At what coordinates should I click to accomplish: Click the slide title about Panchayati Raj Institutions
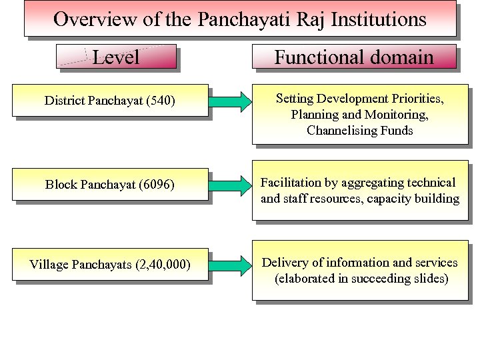pos(240,19)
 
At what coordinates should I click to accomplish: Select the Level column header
pos(116,57)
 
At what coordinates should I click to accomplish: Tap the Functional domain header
pos(354,57)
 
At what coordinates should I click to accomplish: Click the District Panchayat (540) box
pos(110,101)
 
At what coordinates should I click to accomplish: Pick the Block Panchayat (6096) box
pos(110,185)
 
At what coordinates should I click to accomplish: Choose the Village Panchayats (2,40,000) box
pos(110,265)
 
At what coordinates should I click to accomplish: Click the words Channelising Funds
pos(360,131)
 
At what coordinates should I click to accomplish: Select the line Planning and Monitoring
pos(360,115)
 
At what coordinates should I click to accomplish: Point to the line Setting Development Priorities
pos(360,99)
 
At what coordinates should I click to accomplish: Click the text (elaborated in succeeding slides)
pos(361,279)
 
